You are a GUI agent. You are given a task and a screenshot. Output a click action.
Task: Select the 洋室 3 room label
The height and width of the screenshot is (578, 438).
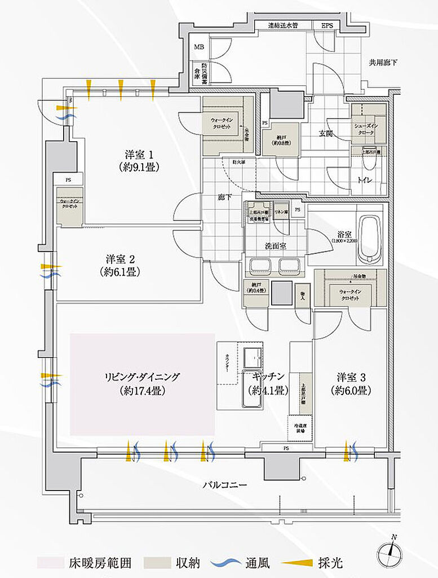pos(353,383)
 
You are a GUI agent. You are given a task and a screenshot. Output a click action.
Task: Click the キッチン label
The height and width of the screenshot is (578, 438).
pos(268,382)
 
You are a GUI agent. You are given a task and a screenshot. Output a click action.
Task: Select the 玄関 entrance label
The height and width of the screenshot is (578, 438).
pos(325,134)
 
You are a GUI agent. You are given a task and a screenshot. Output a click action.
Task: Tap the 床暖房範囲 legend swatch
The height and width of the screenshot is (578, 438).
pos(52,563)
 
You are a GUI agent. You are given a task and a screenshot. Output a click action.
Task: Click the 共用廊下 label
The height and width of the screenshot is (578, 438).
pos(383,62)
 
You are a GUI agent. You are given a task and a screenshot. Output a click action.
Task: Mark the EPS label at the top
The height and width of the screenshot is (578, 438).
pos(327,26)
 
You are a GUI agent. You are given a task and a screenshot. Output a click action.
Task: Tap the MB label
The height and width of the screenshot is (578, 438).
pos(199,47)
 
